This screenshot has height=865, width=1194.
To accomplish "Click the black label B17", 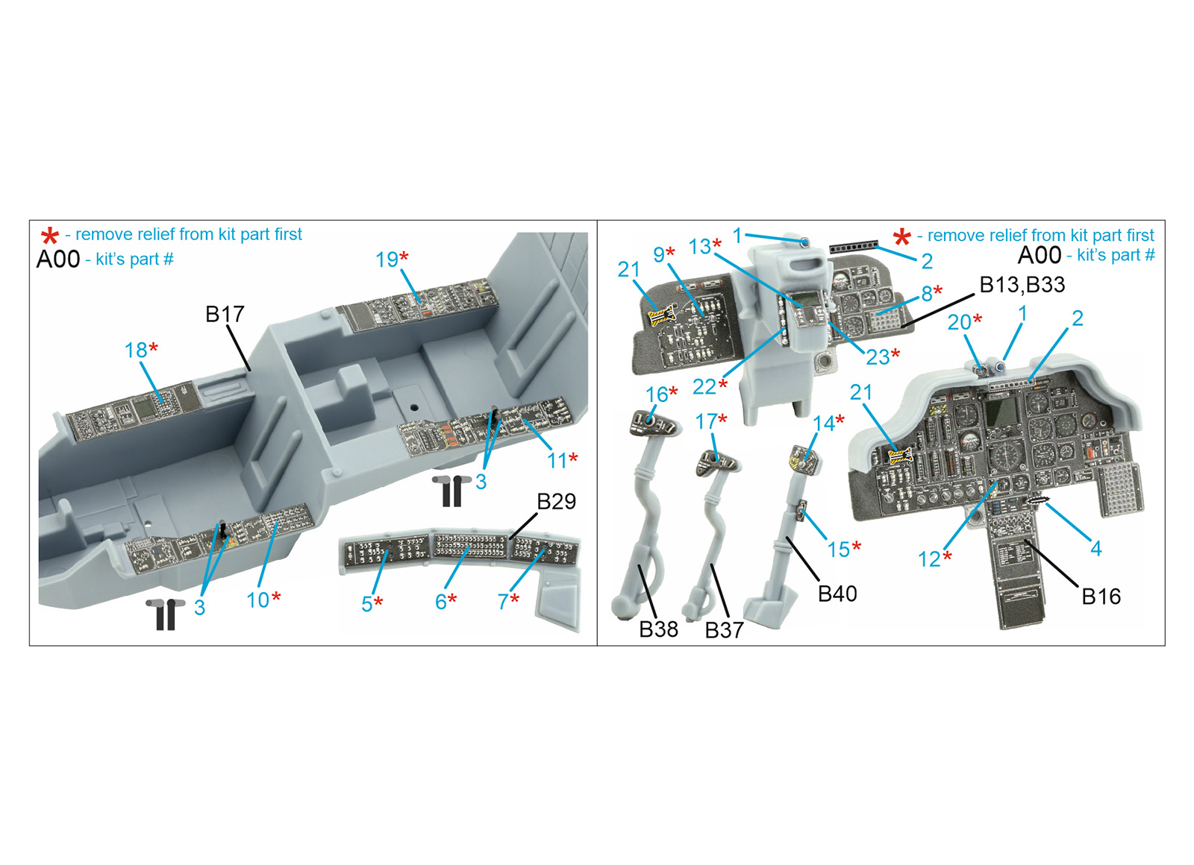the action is click(x=225, y=314).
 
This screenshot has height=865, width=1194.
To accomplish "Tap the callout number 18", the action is click(x=136, y=350).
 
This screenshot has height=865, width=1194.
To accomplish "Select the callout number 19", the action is click(x=387, y=259).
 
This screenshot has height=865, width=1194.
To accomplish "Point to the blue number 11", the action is click(x=557, y=461).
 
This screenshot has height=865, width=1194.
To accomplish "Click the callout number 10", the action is click(x=257, y=600).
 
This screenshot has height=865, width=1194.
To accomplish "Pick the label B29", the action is click(x=557, y=501).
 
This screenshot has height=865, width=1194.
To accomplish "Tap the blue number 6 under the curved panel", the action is click(x=441, y=602).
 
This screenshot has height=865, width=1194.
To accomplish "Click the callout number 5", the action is click(x=366, y=604).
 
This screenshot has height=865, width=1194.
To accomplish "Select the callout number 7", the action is click(x=503, y=602).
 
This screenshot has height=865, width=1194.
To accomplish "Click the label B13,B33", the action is click(x=1022, y=285).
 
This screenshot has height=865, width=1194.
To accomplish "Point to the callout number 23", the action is click(x=878, y=357).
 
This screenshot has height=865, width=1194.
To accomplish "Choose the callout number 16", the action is click(x=656, y=394).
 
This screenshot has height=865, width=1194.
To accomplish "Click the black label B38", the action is click(x=659, y=629).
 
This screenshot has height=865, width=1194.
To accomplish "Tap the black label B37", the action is click(x=725, y=630).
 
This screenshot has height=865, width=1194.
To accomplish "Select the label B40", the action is click(x=837, y=594).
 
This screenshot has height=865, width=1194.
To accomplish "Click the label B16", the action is click(x=1101, y=597).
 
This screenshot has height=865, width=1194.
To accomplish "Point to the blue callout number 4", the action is click(x=1096, y=548).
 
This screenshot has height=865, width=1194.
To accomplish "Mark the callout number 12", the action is click(x=928, y=559).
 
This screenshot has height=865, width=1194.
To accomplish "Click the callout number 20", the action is click(x=959, y=322).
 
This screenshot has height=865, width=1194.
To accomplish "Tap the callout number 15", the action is click(x=839, y=549).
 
